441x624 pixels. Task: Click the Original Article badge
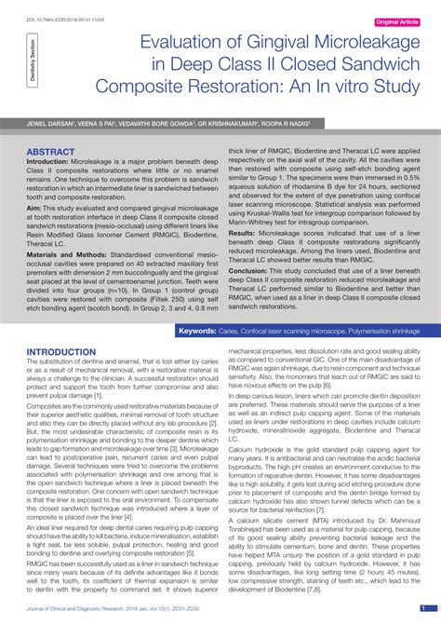point(396,20)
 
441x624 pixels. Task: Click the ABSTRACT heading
point(51,150)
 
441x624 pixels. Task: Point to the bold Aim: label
point(34,211)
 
